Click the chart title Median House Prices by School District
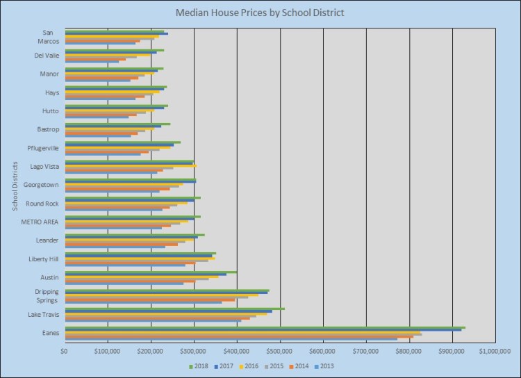click(260, 13)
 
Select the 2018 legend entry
click(201, 365)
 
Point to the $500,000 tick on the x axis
click(280, 351)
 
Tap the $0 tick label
click(65, 351)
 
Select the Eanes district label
click(51, 333)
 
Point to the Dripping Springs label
click(47, 296)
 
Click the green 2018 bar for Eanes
click(264, 327)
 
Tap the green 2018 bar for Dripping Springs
click(167, 290)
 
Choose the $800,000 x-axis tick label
click(409, 351)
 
